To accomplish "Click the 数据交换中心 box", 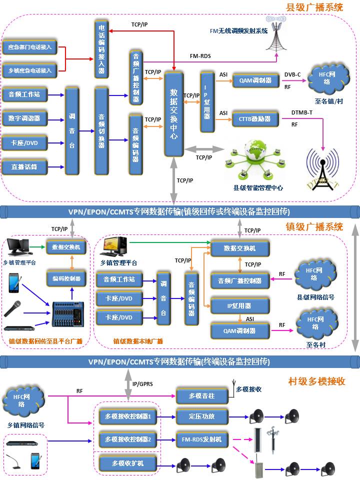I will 173,114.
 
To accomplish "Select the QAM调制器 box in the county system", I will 255,80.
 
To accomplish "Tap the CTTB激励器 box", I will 255,119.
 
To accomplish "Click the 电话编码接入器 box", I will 101,49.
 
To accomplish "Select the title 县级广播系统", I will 314,7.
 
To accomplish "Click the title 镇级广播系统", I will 314,226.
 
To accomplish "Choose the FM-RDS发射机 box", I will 201,439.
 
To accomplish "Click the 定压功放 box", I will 201,416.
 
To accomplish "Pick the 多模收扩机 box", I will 128,463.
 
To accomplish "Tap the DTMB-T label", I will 301,112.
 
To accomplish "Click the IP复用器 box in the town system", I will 240,305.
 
